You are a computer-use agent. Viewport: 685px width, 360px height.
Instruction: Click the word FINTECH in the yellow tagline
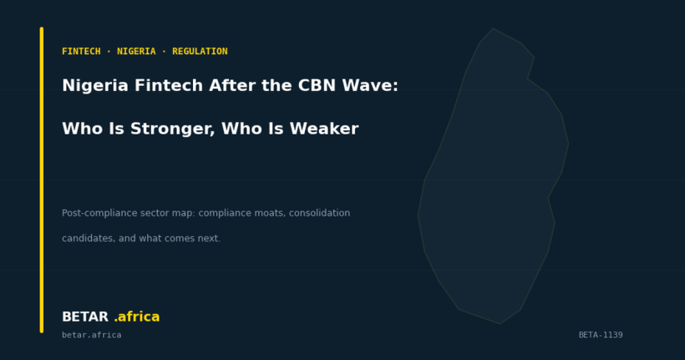click(x=81, y=52)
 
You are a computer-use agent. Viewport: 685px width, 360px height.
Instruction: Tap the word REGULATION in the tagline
click(x=200, y=52)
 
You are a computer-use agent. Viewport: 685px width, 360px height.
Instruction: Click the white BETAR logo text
click(x=84, y=317)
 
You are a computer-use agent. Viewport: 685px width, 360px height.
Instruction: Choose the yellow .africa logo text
click(x=136, y=317)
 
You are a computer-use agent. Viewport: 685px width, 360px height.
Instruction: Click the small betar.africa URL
click(x=91, y=336)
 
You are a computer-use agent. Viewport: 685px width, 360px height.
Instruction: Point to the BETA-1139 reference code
click(x=601, y=336)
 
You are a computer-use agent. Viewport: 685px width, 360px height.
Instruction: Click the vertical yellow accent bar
click(x=42, y=180)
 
